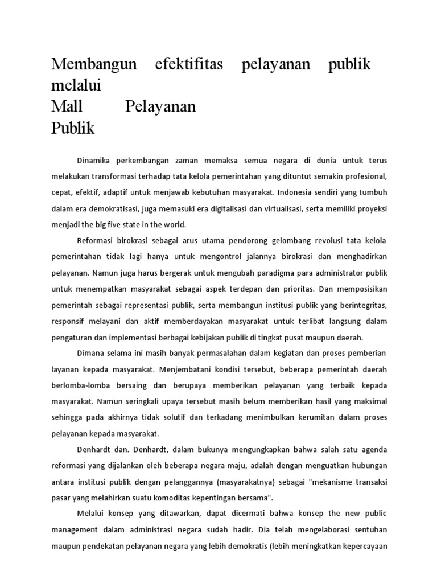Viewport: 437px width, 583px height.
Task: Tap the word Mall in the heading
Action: pyautogui.click(x=67, y=106)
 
